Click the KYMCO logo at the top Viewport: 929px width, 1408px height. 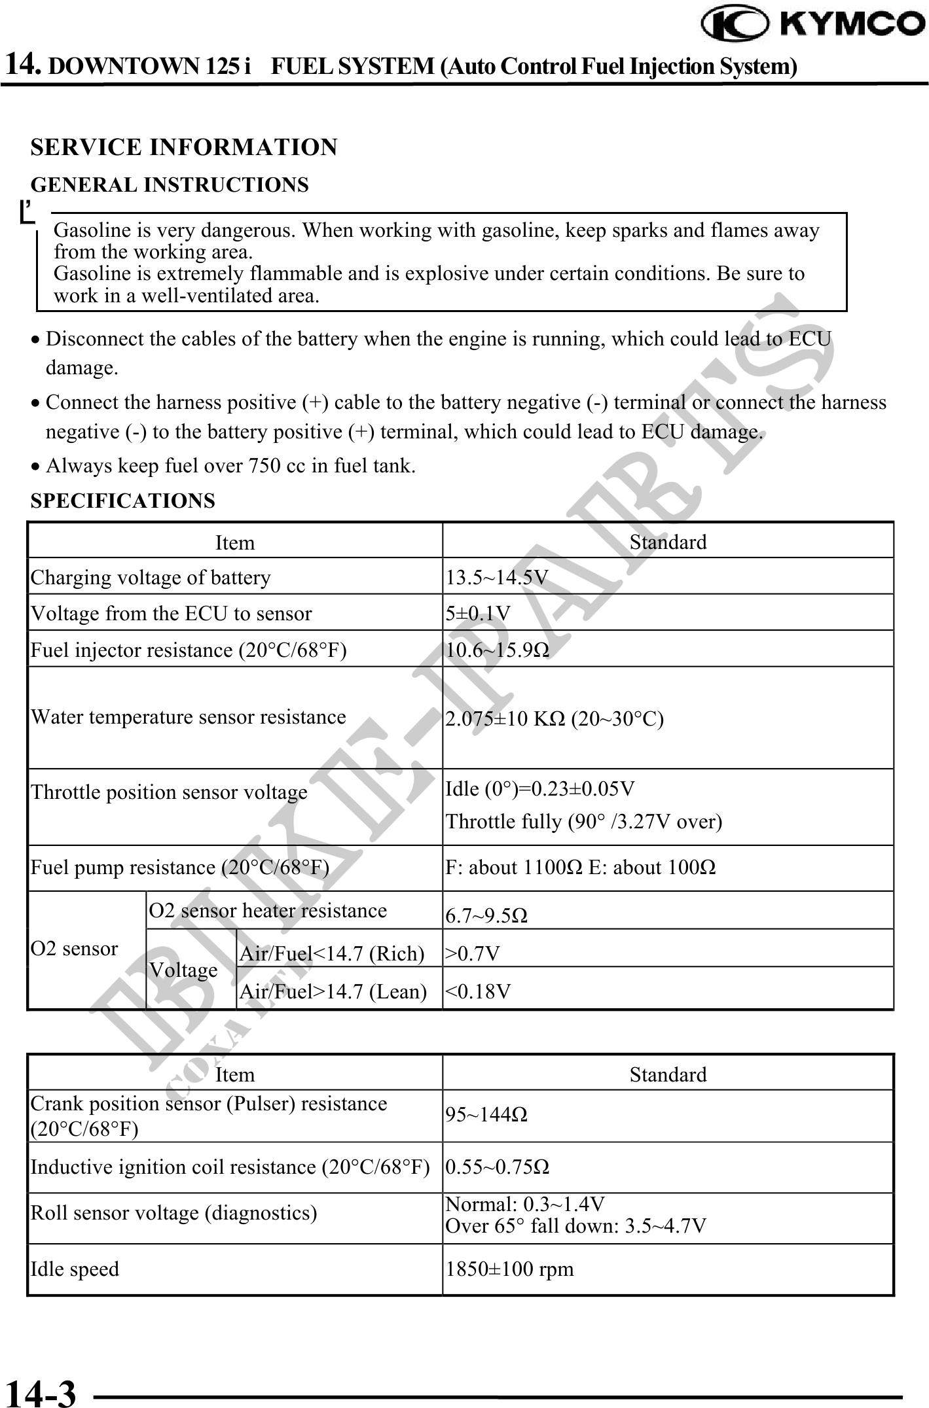click(812, 25)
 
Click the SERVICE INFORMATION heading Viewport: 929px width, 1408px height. click(184, 147)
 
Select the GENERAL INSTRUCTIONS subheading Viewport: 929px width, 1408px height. click(170, 185)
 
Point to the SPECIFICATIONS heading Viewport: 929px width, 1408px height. click(123, 501)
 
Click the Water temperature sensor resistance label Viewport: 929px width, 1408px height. click(189, 717)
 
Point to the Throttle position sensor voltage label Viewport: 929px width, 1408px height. click(169, 792)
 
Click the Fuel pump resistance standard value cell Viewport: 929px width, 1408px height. click(580, 868)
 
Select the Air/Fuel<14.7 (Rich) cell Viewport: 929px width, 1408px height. click(332, 954)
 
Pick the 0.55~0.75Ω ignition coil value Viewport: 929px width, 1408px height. click(498, 1167)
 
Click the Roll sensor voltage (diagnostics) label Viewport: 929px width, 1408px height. click(174, 1213)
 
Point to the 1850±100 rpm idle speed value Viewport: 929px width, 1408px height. click(509, 1269)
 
